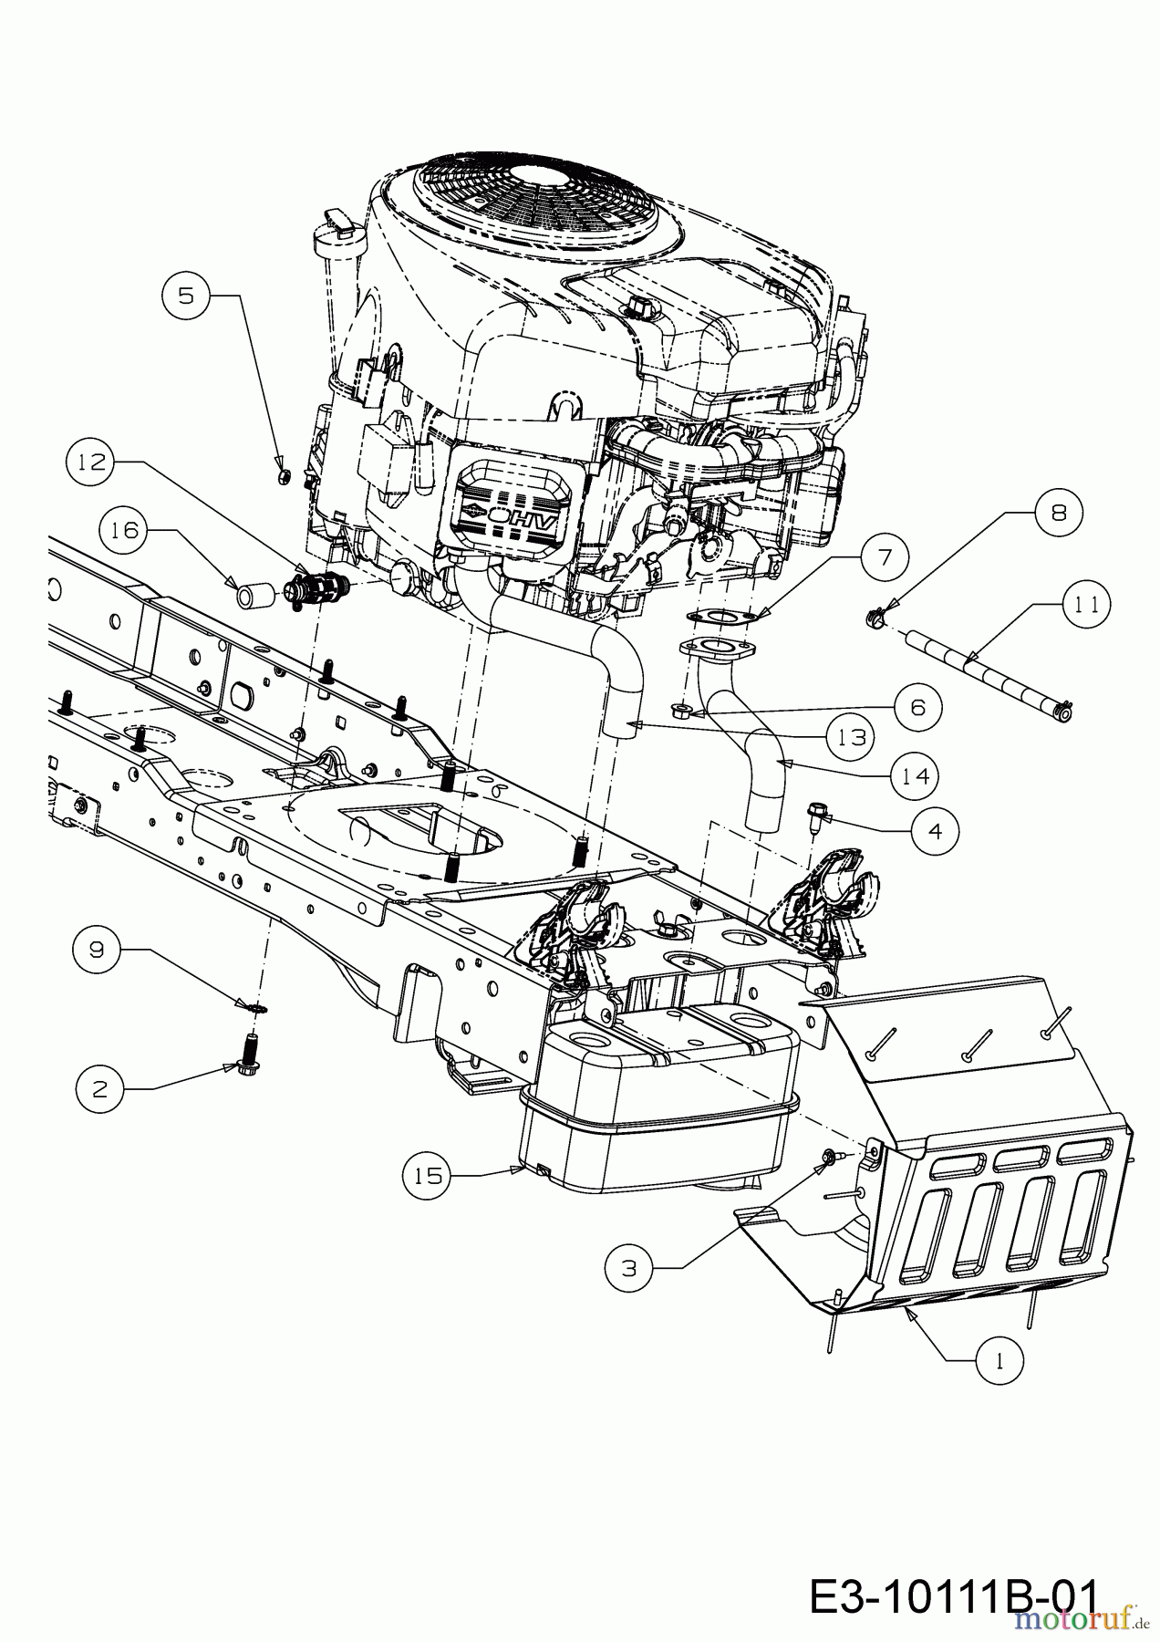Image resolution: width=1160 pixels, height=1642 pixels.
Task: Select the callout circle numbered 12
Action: click(x=89, y=463)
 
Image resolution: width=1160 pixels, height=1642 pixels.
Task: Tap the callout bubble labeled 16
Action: click(x=126, y=530)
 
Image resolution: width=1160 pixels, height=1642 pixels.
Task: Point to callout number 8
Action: click(x=1058, y=513)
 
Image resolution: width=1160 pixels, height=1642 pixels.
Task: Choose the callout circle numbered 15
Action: click(x=427, y=1176)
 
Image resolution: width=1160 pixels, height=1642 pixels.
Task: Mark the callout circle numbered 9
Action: click(x=97, y=950)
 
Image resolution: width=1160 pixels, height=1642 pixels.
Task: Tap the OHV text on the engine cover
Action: click(x=517, y=517)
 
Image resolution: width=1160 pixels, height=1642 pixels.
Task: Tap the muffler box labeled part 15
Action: click(x=657, y=1104)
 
